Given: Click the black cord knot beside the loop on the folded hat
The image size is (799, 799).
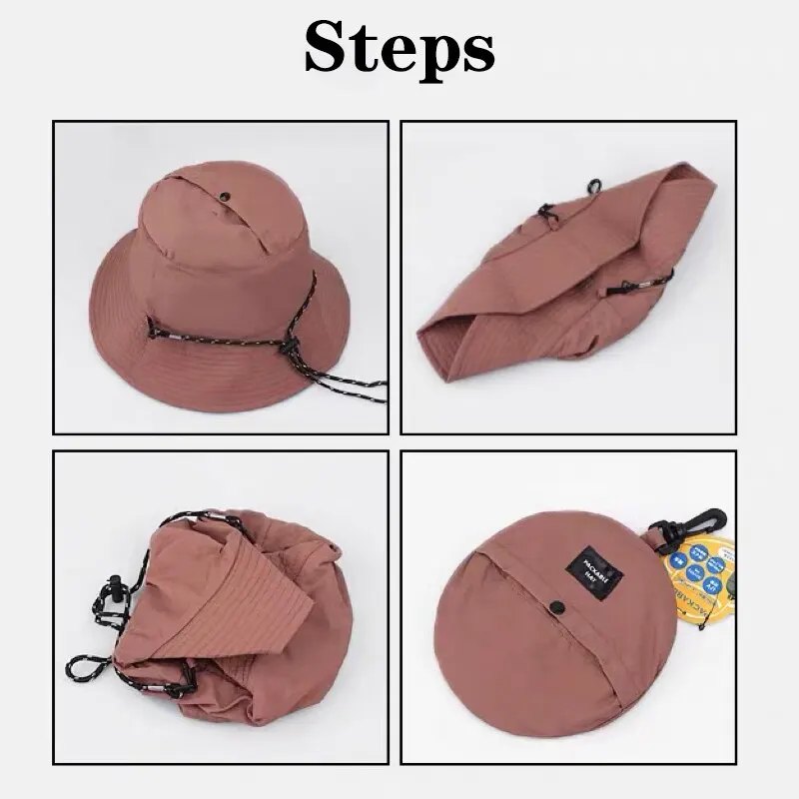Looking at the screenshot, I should click(547, 214).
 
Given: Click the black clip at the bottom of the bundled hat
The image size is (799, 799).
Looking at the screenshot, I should click(180, 689).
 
